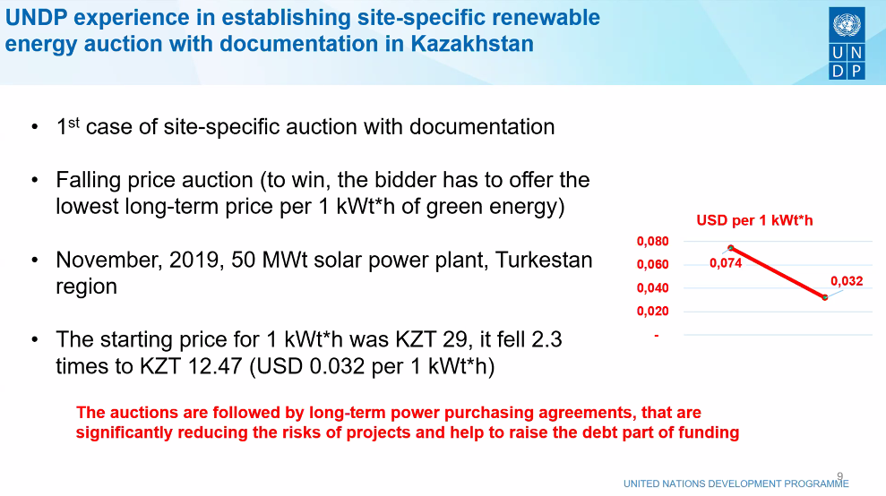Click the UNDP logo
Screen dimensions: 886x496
[x=847, y=43]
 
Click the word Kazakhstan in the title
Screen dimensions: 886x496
[x=472, y=44]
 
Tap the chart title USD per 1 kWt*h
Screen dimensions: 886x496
[x=754, y=220]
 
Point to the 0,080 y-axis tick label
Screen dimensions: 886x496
[x=653, y=241]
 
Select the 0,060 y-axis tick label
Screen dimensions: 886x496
[x=653, y=264]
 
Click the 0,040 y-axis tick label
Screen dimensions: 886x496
[x=653, y=288]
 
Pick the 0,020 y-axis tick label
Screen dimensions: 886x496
[x=653, y=312]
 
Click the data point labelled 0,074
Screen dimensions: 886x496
[x=731, y=248]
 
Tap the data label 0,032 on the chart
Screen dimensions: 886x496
[x=847, y=281]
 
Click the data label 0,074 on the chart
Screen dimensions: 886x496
[x=726, y=262]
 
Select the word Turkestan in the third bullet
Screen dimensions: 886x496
[x=544, y=260]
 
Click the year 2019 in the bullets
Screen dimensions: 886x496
[x=194, y=260]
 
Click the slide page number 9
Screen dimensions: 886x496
[x=839, y=476]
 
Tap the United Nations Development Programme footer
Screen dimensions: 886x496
[x=735, y=483]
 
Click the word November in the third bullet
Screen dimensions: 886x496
[x=108, y=260]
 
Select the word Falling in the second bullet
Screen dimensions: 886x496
[x=88, y=180]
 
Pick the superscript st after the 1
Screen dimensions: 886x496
[x=74, y=122]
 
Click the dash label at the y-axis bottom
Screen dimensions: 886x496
[x=657, y=336]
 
